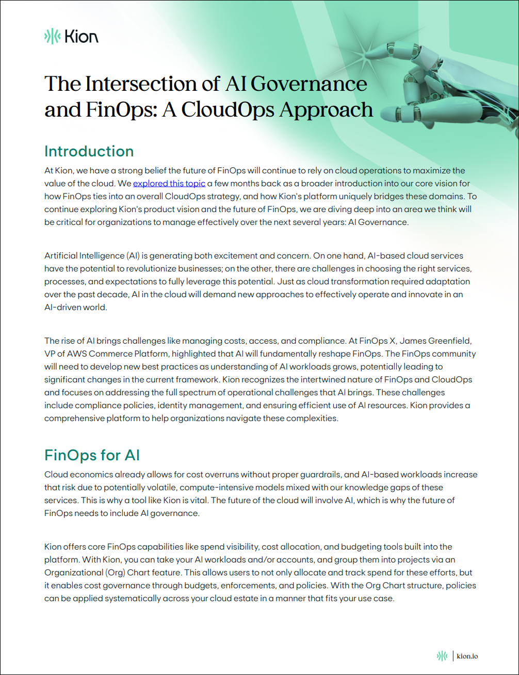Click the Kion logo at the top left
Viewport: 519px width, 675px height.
click(71, 36)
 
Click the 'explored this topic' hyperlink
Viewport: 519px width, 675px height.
click(169, 183)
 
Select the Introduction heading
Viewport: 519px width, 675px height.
click(89, 151)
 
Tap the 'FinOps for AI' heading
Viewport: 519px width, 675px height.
click(92, 455)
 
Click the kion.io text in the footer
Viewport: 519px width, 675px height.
click(467, 656)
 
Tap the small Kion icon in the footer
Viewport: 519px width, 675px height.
click(442, 656)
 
